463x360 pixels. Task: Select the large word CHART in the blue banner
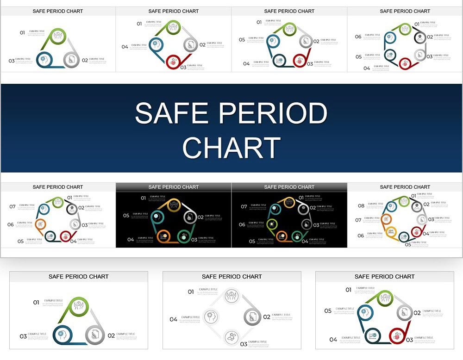pos(231,148)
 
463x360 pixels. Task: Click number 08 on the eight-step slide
pos(361,206)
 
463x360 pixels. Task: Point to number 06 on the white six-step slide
pos(358,37)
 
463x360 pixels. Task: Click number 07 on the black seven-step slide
pos(244,206)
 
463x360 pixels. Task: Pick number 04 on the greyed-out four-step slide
pos(173,319)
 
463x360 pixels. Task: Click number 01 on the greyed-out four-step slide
pos(191,292)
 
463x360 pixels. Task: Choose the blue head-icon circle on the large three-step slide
pos(62,335)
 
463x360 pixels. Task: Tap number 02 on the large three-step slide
pos(111,335)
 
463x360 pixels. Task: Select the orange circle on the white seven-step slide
pos(41,224)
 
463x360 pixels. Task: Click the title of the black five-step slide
pos(174,187)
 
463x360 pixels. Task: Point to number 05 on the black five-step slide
pos(126,216)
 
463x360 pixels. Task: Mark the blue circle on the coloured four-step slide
pos(155,45)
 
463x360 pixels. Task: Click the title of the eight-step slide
pos(405,187)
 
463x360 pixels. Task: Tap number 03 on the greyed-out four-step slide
pos(244,344)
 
